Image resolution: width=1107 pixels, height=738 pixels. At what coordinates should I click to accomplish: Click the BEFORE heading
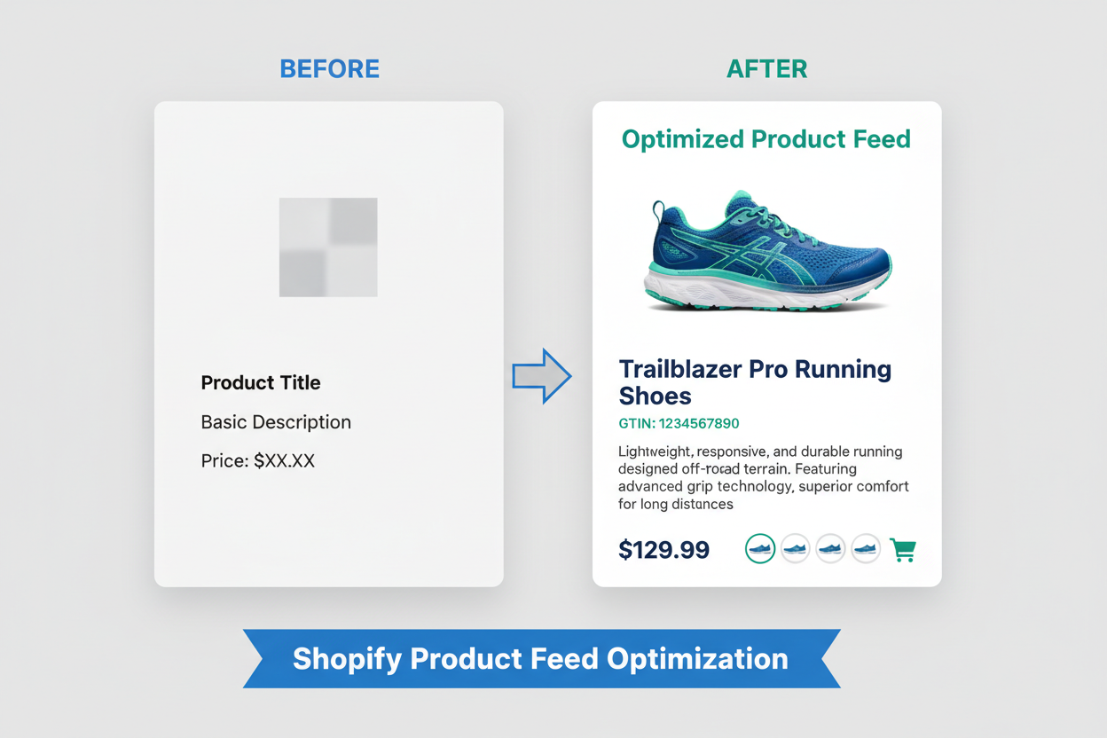(x=329, y=69)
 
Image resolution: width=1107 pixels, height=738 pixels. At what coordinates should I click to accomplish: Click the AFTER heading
(x=766, y=69)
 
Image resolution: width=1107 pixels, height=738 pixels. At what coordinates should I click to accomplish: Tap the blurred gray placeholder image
(x=328, y=247)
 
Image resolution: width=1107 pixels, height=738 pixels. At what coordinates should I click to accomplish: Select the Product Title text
(x=261, y=383)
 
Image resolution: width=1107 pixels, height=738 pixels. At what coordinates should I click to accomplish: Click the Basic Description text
(x=276, y=422)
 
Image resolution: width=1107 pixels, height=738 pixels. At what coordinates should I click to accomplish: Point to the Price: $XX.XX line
(x=258, y=460)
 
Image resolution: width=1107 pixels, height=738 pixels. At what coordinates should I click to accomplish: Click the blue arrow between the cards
(x=541, y=376)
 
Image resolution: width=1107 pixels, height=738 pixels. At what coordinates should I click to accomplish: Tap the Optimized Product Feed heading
(x=766, y=139)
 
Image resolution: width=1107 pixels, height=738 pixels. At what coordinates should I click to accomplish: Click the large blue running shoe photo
(x=766, y=252)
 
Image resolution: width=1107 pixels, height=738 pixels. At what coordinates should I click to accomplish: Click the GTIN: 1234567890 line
(x=679, y=423)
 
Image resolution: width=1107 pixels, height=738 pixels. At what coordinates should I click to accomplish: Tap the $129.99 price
(x=663, y=550)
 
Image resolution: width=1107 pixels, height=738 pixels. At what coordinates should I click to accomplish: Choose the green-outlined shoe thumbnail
(x=760, y=549)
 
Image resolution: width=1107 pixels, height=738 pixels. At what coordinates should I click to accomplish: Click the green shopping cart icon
(x=903, y=550)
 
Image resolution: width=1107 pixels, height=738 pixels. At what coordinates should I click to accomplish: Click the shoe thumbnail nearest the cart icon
(x=866, y=549)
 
